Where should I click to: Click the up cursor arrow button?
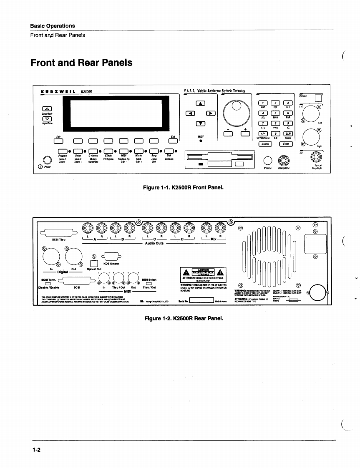[x=201, y=104]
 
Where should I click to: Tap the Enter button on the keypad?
[x=286, y=144]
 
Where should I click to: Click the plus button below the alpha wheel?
[x=246, y=134]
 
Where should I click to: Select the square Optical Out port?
[x=94, y=263]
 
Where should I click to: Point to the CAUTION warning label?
[x=203, y=271]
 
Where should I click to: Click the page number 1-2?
[x=35, y=450]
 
